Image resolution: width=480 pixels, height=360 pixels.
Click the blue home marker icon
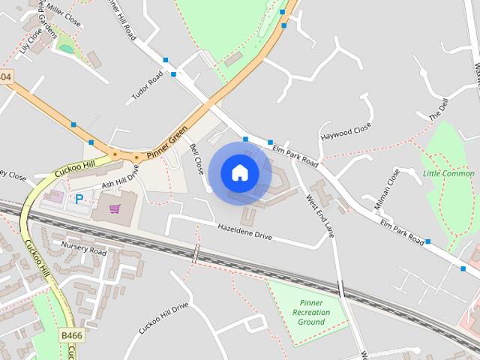[239, 172]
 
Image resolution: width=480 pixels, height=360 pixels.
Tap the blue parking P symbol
[78, 199]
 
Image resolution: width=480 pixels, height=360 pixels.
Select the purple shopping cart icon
[115, 208]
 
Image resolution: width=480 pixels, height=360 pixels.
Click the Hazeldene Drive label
[244, 231]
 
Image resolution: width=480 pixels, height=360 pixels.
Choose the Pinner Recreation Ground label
[311, 312]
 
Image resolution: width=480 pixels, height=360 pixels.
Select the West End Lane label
[319, 215]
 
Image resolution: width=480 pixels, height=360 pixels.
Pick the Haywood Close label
[346, 135]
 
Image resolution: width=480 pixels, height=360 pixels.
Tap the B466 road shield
[71, 335]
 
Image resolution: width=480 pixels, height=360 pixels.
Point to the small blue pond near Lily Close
[67, 49]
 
